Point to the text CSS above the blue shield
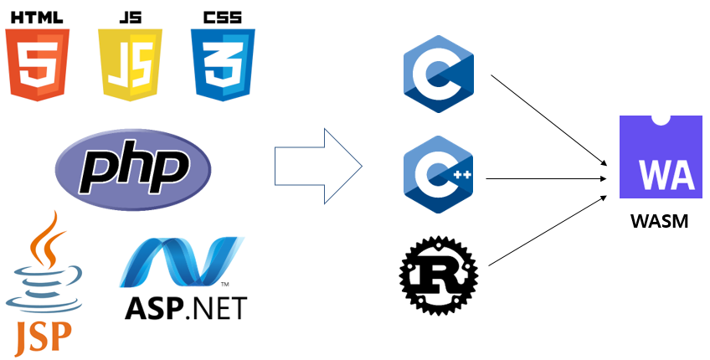pyautogui.click(x=221, y=17)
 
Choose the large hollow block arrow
pyautogui.click(x=318, y=167)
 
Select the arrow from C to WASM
pyautogui.click(x=548, y=120)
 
